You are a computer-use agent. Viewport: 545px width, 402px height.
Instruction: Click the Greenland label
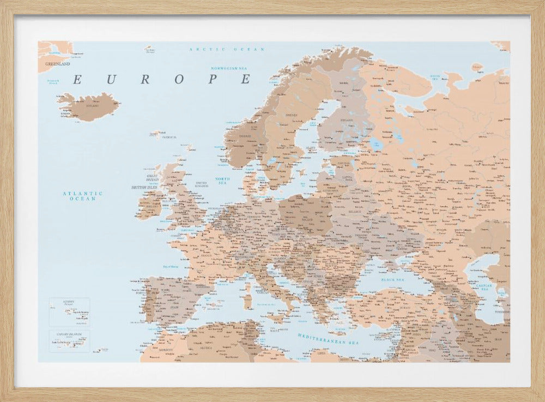pos(57,64)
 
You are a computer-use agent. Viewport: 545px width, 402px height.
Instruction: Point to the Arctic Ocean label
pos(226,50)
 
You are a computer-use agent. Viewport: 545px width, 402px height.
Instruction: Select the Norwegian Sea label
pos(229,68)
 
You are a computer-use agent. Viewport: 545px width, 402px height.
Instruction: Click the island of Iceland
pos(90,106)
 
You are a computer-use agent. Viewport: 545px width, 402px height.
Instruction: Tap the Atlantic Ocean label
pos(82,196)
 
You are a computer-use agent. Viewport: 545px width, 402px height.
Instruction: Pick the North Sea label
pos(222,181)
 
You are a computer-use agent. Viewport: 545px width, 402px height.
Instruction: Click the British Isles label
pos(144,188)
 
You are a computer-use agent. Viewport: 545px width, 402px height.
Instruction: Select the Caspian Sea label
pos(483,287)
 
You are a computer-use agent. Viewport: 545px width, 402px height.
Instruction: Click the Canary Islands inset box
pos(69,341)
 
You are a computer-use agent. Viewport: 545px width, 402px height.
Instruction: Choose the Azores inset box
pos(69,311)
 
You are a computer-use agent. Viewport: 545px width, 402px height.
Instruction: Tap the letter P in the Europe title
pos(214,80)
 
